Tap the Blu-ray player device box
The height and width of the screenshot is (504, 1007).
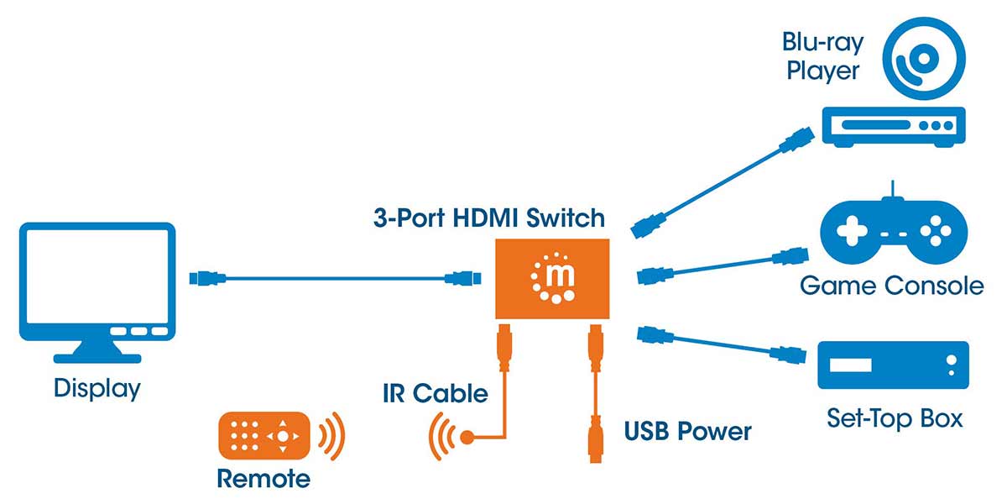pos(893,126)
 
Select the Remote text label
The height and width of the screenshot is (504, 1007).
pos(263,479)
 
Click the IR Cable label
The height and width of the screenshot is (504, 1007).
pos(435,392)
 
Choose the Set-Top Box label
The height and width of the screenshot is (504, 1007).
pos(895,417)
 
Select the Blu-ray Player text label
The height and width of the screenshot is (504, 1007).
pos(822,55)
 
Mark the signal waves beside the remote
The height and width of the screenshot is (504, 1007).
pos(332,436)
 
